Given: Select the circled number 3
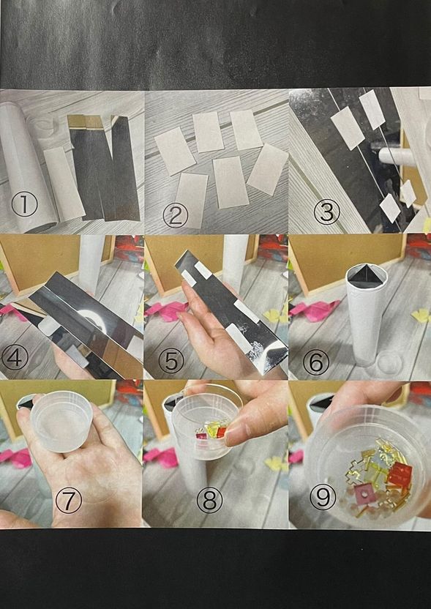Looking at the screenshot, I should [327, 212].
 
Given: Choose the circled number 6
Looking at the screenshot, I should [316, 361].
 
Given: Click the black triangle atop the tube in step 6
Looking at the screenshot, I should [364, 275].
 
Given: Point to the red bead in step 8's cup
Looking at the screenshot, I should [220, 431].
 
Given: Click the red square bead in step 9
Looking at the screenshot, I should [400, 476].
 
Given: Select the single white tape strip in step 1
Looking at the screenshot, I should [64, 183].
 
